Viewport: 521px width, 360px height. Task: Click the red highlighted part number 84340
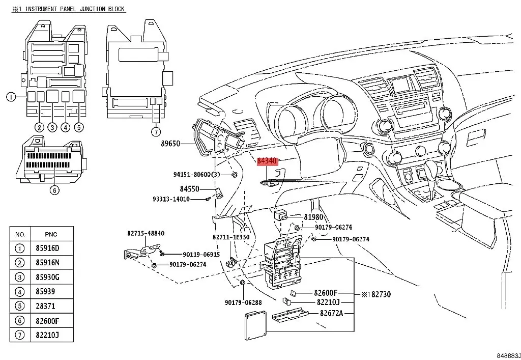[267, 161]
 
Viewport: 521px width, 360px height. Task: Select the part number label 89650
[170, 144]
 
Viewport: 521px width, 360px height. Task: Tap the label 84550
[189, 189]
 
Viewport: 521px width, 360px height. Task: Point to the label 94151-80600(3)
[197, 175]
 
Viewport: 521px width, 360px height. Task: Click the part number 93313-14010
[171, 199]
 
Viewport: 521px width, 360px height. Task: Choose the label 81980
[313, 217]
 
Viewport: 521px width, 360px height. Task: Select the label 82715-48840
[146, 233]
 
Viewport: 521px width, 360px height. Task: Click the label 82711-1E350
[231, 237]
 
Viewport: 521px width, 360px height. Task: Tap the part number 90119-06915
[201, 254]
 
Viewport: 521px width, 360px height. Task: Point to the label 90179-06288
[243, 302]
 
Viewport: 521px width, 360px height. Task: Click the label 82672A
[331, 313]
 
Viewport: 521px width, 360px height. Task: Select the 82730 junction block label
[381, 294]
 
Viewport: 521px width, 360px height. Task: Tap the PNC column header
[51, 234]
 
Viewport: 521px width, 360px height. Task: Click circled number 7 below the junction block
[156, 132]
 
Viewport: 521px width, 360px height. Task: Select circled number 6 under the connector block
[54, 190]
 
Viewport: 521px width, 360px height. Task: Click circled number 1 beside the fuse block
[11, 97]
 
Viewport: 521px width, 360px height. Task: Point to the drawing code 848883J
[508, 356]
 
